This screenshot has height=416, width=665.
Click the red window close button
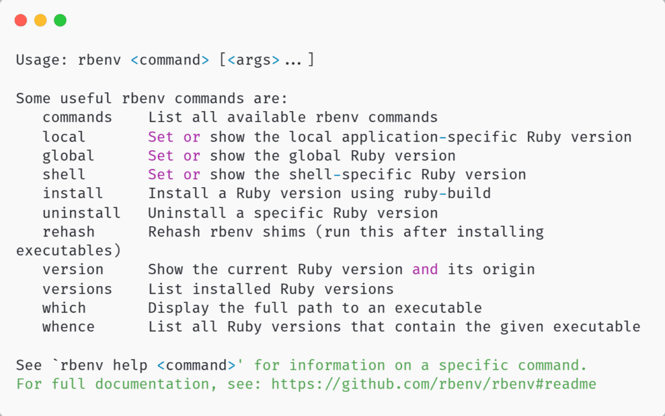coord(21,20)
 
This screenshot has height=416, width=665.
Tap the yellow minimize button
coord(40,20)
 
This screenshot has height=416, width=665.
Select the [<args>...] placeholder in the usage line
coord(267,60)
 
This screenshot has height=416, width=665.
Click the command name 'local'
coord(64,137)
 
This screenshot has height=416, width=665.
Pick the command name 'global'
coord(68,156)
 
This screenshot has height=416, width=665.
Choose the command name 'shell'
coord(64,175)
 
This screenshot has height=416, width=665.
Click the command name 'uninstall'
coord(81,213)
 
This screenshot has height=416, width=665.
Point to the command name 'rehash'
coord(68,232)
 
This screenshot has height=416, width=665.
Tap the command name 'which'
coord(64,307)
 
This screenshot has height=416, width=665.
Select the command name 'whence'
coord(68,327)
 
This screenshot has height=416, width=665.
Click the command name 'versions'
coord(77,289)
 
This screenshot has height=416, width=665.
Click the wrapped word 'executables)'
coord(69,251)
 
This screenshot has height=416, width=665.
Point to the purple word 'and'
coord(425,270)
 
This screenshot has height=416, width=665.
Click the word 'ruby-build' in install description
coord(447,194)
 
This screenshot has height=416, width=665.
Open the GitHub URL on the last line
coord(434,384)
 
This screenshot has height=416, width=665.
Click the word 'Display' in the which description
coord(179,308)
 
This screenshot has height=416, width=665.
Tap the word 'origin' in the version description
coord(508,270)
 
